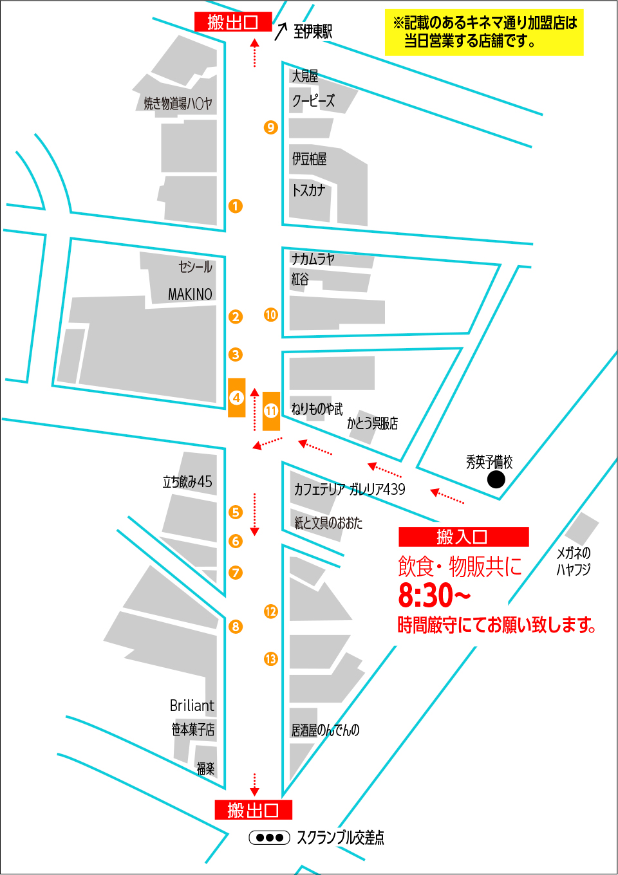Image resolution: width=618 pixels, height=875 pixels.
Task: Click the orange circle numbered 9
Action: coord(270,127)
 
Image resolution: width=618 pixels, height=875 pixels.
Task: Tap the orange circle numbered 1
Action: coord(236,206)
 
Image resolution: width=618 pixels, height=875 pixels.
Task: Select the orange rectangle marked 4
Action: coord(237,398)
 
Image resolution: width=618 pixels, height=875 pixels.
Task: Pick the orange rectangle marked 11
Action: coord(271,410)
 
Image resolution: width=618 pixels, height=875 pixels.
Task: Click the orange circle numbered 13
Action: coord(270,659)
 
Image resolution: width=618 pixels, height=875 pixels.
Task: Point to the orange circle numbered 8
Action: coord(236,626)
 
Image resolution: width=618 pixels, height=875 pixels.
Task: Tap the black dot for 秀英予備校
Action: coord(496,479)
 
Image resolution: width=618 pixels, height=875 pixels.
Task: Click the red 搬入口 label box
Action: coord(464,537)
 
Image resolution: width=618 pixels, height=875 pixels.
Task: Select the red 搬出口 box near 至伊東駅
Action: coord(233,22)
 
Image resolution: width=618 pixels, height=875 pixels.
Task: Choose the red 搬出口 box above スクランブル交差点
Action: coord(253,809)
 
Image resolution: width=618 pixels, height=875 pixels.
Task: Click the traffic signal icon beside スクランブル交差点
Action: coord(270,837)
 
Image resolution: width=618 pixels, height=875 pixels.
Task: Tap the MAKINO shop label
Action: coord(190,294)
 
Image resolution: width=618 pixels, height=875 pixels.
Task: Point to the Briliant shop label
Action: coord(192,705)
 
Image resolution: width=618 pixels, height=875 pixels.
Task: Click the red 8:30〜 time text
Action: coord(434,596)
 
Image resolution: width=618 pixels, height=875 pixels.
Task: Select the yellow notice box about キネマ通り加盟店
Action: coord(484,32)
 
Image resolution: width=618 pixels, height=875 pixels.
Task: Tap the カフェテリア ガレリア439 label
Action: coord(350,489)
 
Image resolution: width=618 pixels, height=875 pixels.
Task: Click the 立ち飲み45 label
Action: coord(187,481)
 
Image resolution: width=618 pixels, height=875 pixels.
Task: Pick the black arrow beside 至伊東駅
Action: coord(281,31)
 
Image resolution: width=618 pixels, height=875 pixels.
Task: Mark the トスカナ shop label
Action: coord(309,190)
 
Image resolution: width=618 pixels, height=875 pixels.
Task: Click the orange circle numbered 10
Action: coord(270,315)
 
